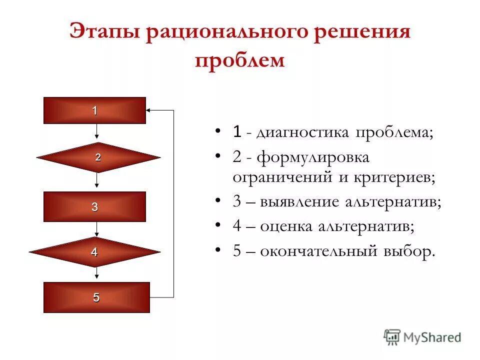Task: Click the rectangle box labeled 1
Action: click(x=94, y=110)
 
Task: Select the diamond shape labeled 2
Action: click(x=98, y=157)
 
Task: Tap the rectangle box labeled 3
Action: click(x=94, y=206)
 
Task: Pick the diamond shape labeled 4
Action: click(x=94, y=252)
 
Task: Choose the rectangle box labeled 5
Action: click(x=96, y=297)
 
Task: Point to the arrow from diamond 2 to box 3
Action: click(x=97, y=182)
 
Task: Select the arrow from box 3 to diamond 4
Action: click(x=97, y=229)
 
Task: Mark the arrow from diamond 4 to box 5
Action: click(x=97, y=274)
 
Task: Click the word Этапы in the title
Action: click(x=102, y=33)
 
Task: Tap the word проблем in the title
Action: click(x=239, y=60)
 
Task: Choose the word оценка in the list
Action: click(x=286, y=226)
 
